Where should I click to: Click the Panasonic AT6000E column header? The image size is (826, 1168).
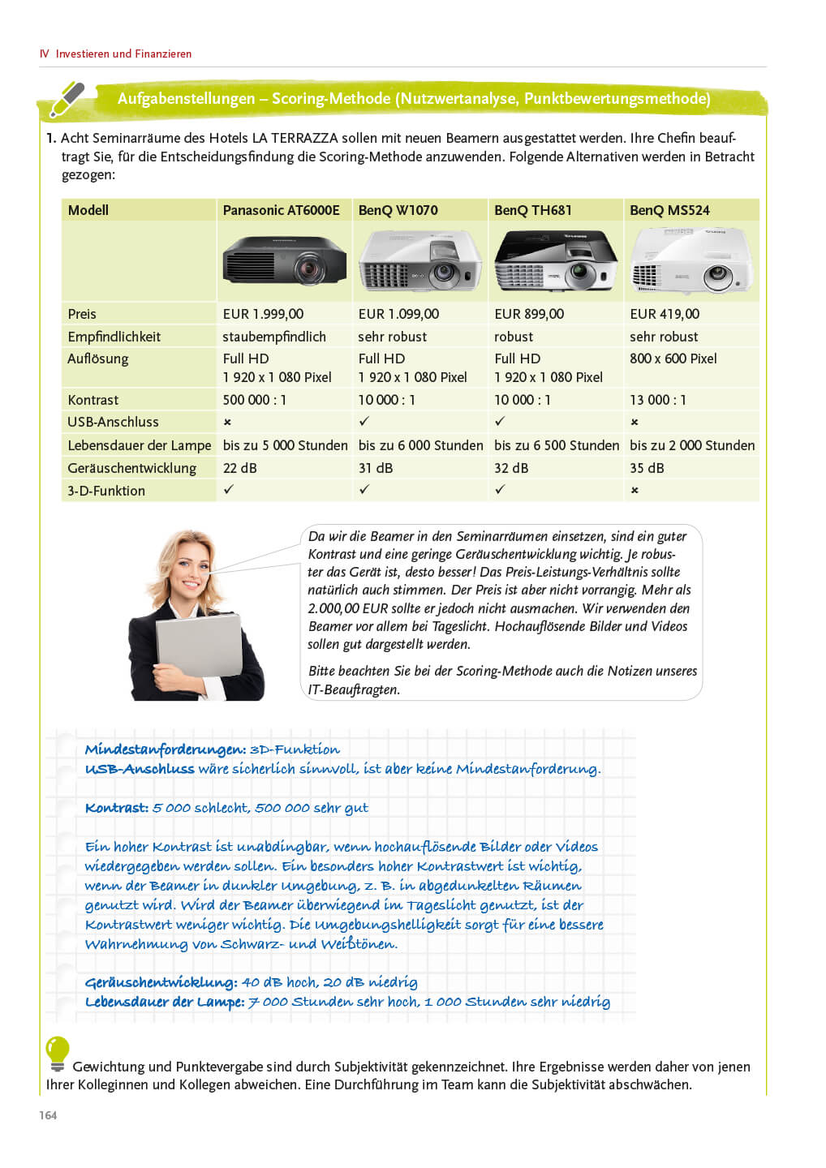click(281, 210)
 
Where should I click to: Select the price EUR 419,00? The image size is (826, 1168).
click(664, 314)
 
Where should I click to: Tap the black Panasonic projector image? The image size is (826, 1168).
click(284, 260)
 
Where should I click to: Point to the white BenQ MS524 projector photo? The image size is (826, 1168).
click(691, 260)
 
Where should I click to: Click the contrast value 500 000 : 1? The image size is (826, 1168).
click(254, 400)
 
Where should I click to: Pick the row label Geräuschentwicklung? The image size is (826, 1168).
click(131, 468)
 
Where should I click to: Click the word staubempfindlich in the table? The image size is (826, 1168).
click(273, 337)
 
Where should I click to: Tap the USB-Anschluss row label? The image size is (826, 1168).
click(113, 422)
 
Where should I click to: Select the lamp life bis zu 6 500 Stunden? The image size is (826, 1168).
click(556, 445)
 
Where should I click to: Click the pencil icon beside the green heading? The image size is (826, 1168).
click(67, 99)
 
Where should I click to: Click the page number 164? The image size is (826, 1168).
click(48, 1115)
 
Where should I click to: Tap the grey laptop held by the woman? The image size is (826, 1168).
click(199, 657)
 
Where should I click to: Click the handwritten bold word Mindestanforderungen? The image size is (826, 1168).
click(165, 749)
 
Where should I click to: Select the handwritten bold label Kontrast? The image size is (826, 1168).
click(116, 808)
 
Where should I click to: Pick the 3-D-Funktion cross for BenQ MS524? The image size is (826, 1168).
click(635, 491)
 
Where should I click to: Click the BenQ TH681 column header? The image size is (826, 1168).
click(532, 210)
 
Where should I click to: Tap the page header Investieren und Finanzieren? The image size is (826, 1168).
click(123, 54)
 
